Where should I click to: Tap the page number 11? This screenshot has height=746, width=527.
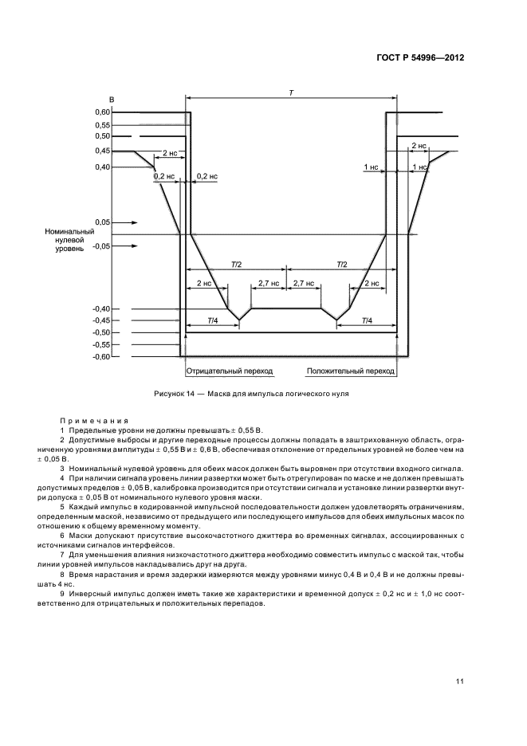click(x=461, y=681)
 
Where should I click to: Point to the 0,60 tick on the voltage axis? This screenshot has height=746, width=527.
click(x=102, y=112)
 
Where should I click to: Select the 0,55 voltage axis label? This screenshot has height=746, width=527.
click(x=102, y=125)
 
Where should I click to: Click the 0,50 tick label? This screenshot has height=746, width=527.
click(x=102, y=137)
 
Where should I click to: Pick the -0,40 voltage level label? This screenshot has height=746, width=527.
click(x=100, y=309)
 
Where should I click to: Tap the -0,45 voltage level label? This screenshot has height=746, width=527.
click(x=100, y=321)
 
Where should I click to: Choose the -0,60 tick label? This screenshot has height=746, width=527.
click(x=100, y=357)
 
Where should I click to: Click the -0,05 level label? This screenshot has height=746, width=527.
click(x=101, y=246)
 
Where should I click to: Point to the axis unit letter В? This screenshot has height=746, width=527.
click(x=112, y=99)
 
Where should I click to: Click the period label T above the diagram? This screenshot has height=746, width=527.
click(x=292, y=93)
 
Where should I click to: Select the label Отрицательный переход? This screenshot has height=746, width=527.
click(x=229, y=371)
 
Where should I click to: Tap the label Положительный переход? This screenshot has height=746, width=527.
click(x=353, y=371)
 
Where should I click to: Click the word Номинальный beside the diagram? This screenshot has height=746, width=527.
click(x=70, y=230)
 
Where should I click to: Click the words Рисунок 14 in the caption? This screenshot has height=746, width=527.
click(x=174, y=394)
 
